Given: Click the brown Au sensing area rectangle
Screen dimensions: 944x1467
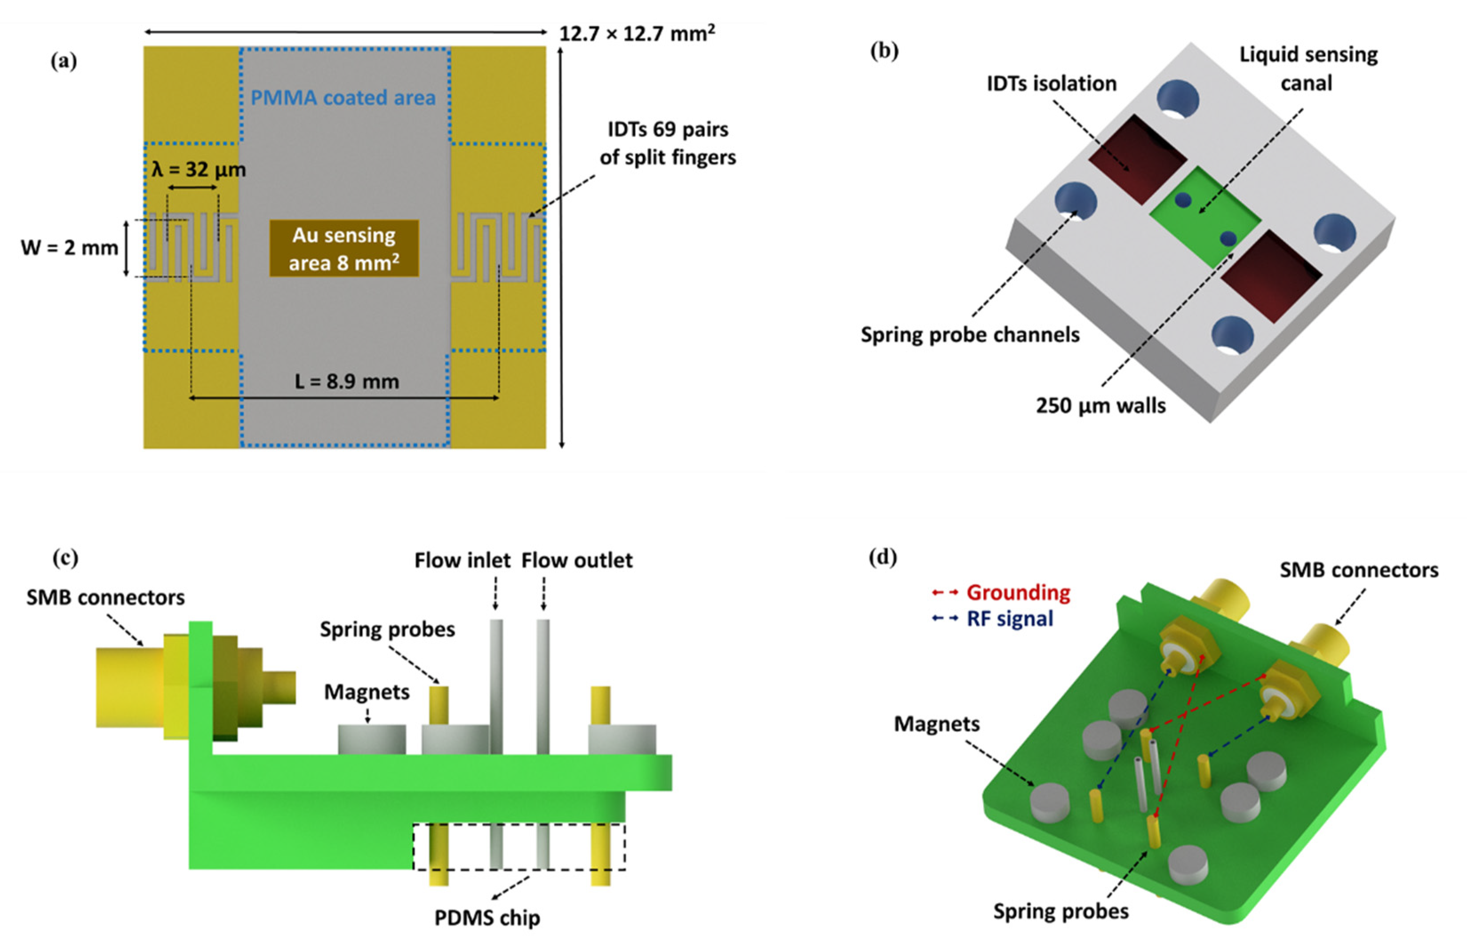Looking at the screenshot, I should click(344, 248).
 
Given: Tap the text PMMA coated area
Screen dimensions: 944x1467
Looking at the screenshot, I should click(343, 97).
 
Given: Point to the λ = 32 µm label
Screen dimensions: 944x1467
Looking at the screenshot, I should click(199, 169).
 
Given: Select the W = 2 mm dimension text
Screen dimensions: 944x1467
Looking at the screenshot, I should click(69, 248).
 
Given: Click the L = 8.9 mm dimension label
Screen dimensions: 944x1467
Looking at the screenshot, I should click(347, 381).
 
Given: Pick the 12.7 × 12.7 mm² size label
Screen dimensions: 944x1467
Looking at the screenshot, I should click(637, 33).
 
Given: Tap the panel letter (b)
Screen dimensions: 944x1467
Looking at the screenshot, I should click(884, 51).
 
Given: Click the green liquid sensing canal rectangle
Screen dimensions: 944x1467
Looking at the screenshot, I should click(1204, 218).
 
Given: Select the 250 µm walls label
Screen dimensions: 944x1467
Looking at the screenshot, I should click(1100, 405).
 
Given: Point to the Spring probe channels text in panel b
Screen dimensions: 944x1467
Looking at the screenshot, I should click(969, 335).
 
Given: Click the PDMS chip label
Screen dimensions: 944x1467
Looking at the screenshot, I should click(487, 918).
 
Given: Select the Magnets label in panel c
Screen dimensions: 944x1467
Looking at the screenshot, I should click(367, 692).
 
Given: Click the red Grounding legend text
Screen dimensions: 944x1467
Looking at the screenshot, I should click(1018, 593).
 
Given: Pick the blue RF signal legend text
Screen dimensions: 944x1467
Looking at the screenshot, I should click(1009, 619).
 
